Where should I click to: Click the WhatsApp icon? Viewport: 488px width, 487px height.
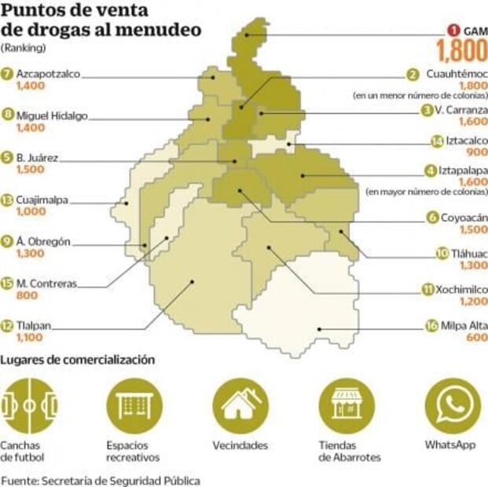pos(452,405)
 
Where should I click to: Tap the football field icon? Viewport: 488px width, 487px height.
pos(28,405)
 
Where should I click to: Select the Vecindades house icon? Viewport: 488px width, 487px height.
pos(240,405)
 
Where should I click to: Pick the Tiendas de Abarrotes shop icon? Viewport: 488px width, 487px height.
pos(346,405)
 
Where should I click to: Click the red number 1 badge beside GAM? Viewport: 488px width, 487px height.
pos(453,31)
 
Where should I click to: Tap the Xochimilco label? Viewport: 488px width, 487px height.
pos(463,288)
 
